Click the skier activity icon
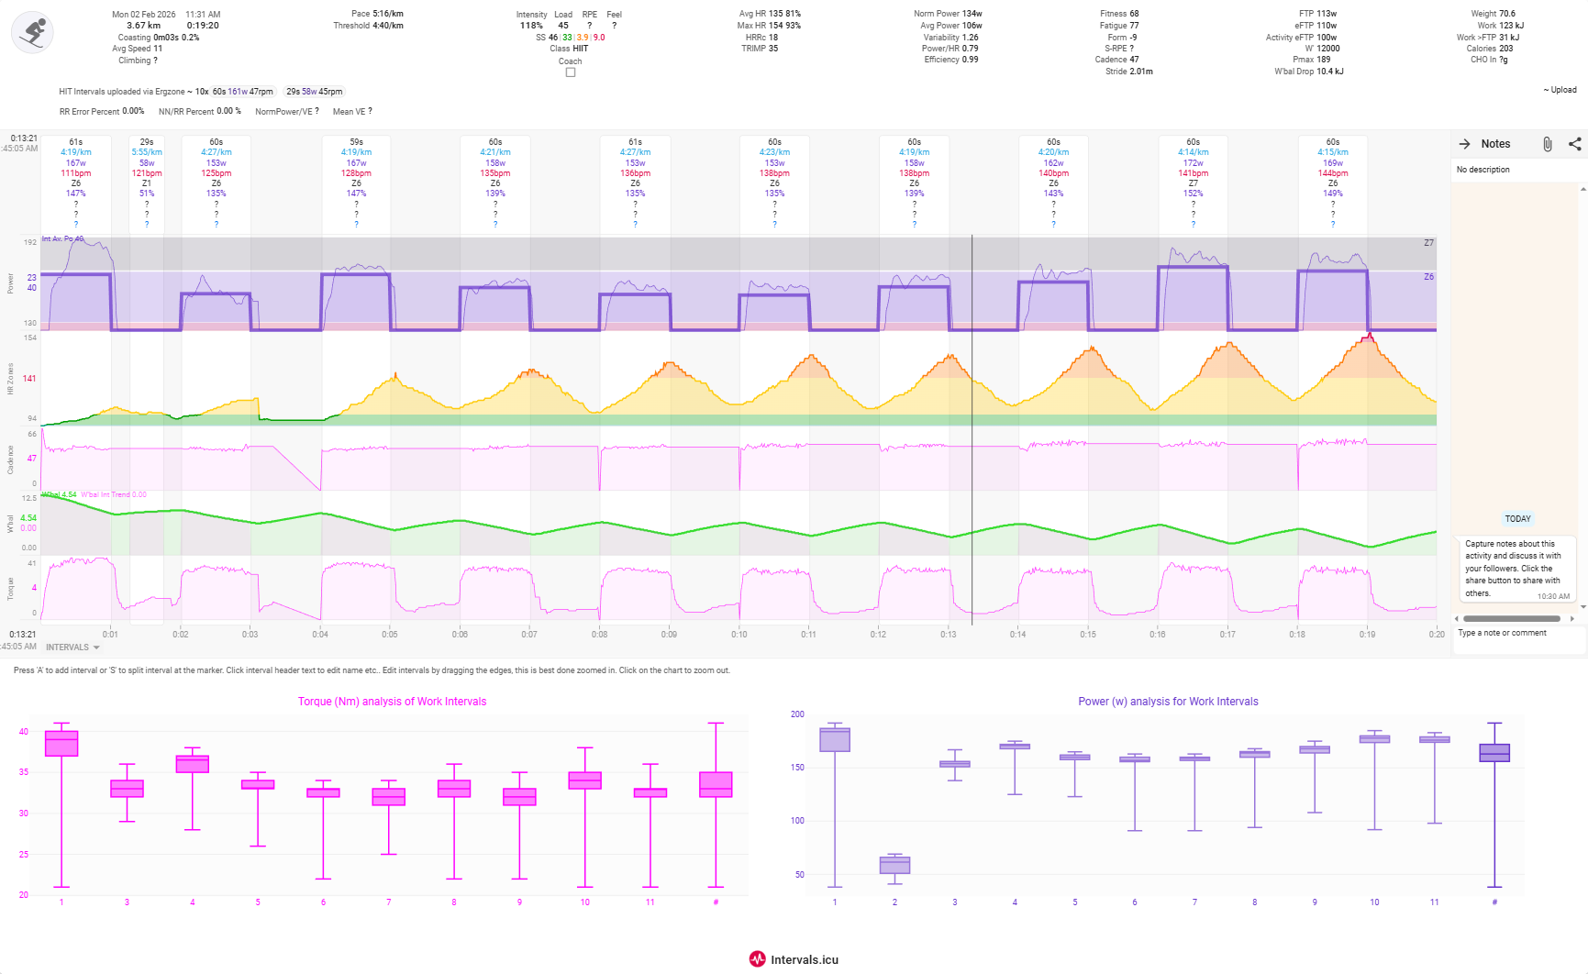33,33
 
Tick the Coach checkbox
571,72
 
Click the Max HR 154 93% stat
769,26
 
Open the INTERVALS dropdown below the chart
72,647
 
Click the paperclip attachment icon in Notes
1547,144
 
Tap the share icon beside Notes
1574,144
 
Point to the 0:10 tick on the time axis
738,634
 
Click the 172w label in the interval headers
1193,163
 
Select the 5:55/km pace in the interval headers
147,152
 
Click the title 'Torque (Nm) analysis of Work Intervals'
392,702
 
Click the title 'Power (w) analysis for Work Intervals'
1168,702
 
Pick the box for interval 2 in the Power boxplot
894,865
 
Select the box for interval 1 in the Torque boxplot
61,744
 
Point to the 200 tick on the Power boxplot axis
797,714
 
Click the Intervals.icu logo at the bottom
794,959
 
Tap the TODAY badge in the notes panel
1517,519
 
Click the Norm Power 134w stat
948,14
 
